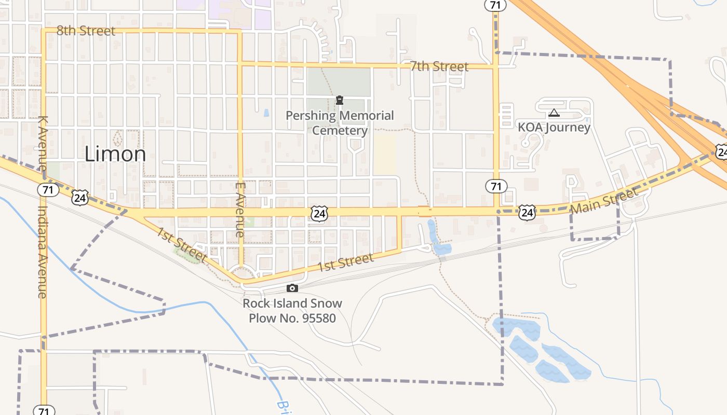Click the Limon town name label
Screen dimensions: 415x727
pos(115,154)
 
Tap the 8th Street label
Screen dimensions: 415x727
pos(86,31)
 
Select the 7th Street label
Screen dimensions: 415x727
pos(439,66)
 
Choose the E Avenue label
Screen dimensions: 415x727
pos(239,209)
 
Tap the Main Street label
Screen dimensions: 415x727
pos(604,201)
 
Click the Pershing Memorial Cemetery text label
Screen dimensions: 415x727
pos(340,123)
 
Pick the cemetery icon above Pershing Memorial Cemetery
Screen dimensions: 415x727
pos(340,100)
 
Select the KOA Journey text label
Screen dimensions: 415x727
pos(554,128)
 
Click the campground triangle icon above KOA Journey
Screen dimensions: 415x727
pos(554,113)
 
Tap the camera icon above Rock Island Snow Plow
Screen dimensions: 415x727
pos(292,288)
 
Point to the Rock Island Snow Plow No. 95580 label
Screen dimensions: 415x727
pos(292,310)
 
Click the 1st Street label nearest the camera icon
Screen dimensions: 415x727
pos(345,262)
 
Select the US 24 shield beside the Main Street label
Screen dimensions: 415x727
pos(527,212)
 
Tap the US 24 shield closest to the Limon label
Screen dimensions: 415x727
pos(80,197)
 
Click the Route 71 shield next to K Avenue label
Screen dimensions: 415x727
pos(48,190)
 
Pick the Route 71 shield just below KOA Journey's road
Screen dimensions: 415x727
pos(496,186)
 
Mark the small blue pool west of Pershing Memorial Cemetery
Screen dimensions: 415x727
pos(266,113)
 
